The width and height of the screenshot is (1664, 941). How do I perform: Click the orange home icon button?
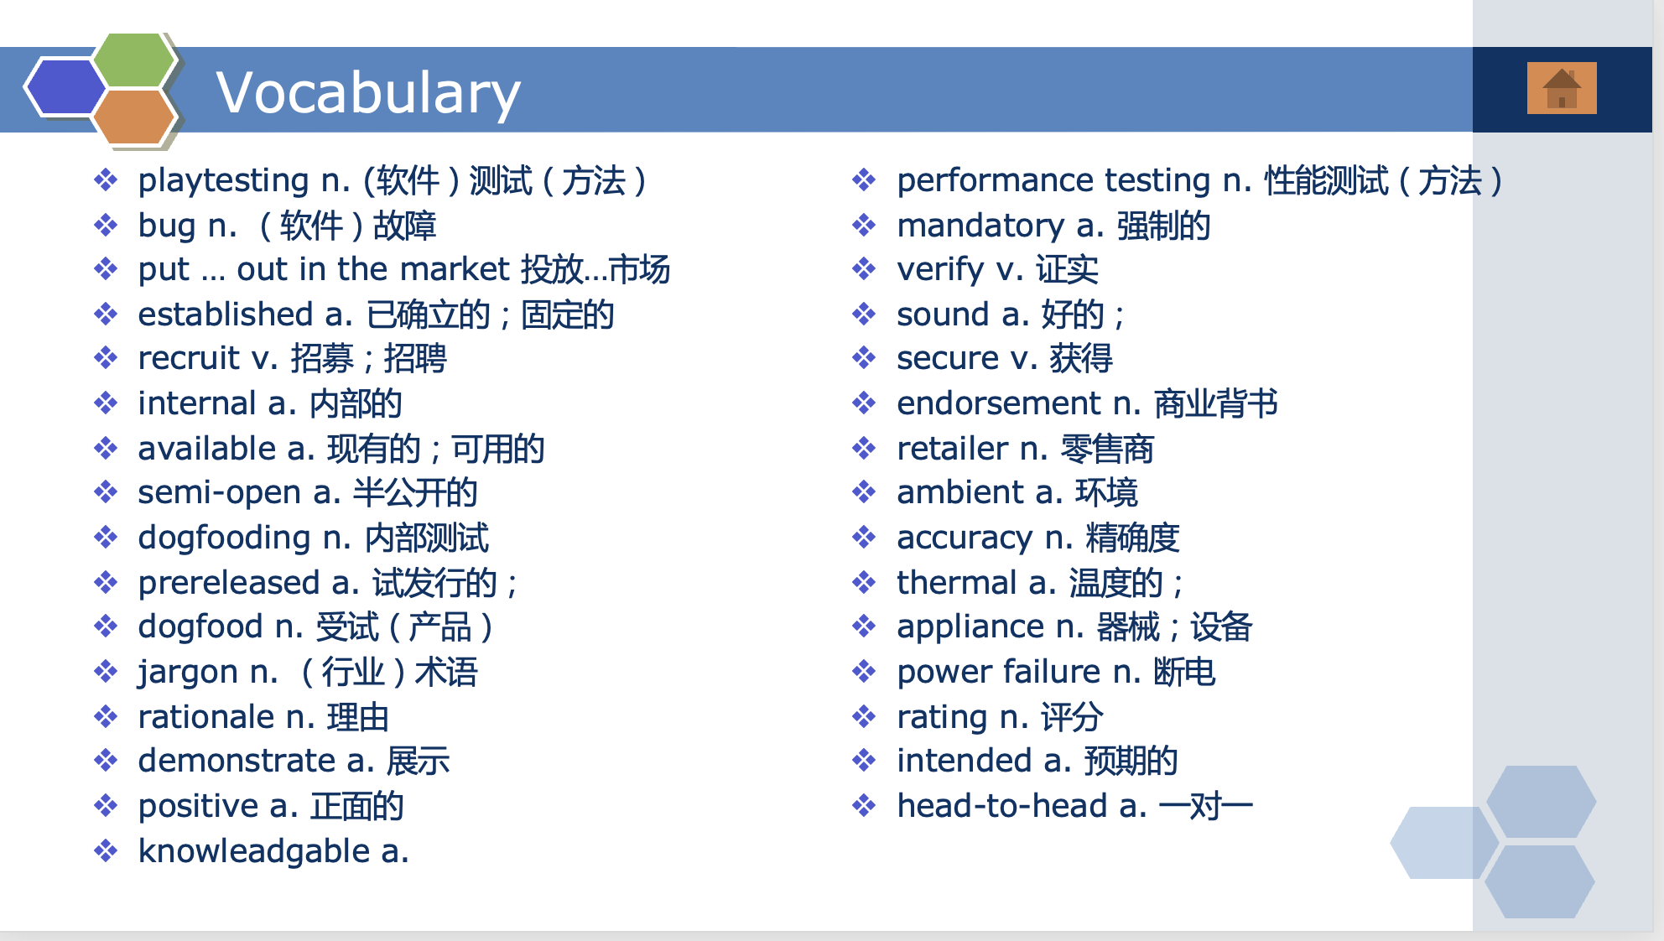(1562, 88)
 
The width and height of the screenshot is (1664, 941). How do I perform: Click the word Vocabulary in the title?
(368, 93)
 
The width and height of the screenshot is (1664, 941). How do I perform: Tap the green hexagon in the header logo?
(134, 60)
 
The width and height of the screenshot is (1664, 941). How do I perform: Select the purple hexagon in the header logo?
(65, 86)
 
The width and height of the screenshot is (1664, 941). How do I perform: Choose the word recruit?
(189, 358)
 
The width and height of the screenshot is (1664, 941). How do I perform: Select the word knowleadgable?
(253, 852)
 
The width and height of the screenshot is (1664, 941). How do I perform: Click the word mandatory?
(980, 226)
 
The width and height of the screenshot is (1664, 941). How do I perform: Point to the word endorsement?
(999, 403)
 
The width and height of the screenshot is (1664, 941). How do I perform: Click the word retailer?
(952, 449)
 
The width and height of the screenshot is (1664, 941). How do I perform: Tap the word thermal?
(957, 582)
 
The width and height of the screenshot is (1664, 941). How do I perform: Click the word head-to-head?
(1002, 806)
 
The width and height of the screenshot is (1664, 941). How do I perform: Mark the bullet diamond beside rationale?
(106, 717)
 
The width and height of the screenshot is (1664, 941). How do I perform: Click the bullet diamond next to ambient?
(864, 492)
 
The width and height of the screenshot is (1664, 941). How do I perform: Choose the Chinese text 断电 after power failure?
(1184, 672)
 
